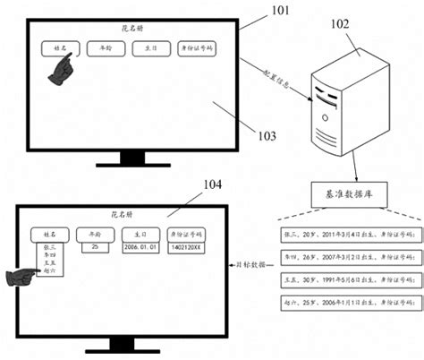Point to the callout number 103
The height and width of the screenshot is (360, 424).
(266, 136)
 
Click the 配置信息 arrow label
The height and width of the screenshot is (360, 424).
(277, 71)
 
